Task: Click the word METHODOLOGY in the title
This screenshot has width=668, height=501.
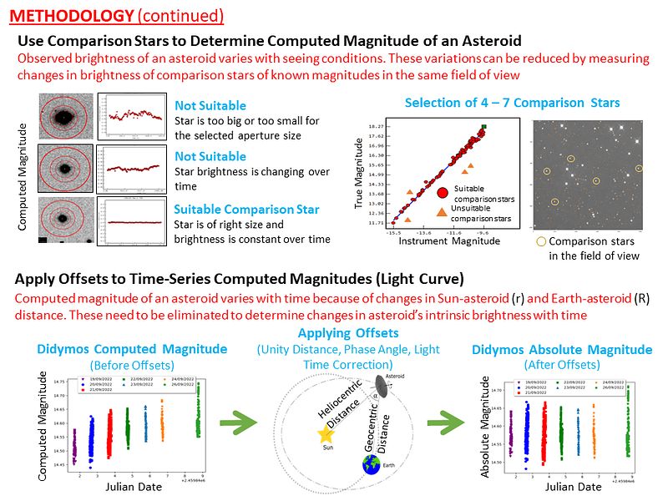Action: [x=74, y=16]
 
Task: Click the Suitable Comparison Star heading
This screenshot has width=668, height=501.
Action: [x=246, y=210]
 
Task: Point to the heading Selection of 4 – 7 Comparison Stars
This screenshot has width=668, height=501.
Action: [x=512, y=103]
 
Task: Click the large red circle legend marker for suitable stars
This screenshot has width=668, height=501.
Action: [x=443, y=193]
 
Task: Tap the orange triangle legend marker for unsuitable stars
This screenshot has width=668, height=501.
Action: [x=442, y=212]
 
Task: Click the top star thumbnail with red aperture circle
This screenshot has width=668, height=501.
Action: [x=66, y=119]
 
